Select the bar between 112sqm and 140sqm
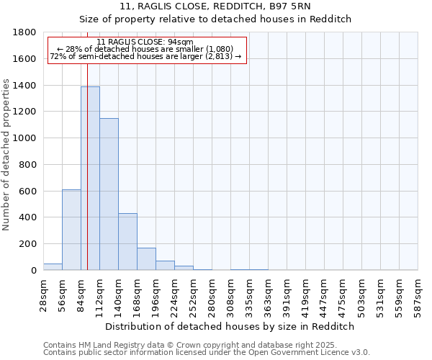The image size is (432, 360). coord(109,194)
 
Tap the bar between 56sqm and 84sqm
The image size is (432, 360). coord(71,230)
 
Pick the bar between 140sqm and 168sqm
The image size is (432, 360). coord(127,242)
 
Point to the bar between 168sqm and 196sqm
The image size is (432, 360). coord(146,259)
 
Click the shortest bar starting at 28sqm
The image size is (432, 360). coord(53,266)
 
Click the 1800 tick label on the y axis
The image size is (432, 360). coord(25,32)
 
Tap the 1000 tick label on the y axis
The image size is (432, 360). coord(25,138)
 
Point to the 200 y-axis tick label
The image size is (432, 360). coord(28,244)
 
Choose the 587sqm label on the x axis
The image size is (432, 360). coord(418,296)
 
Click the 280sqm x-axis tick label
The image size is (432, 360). coord(212,296)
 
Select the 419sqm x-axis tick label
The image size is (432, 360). coord(306,296)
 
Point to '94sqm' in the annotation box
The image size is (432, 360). coord(181,42)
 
